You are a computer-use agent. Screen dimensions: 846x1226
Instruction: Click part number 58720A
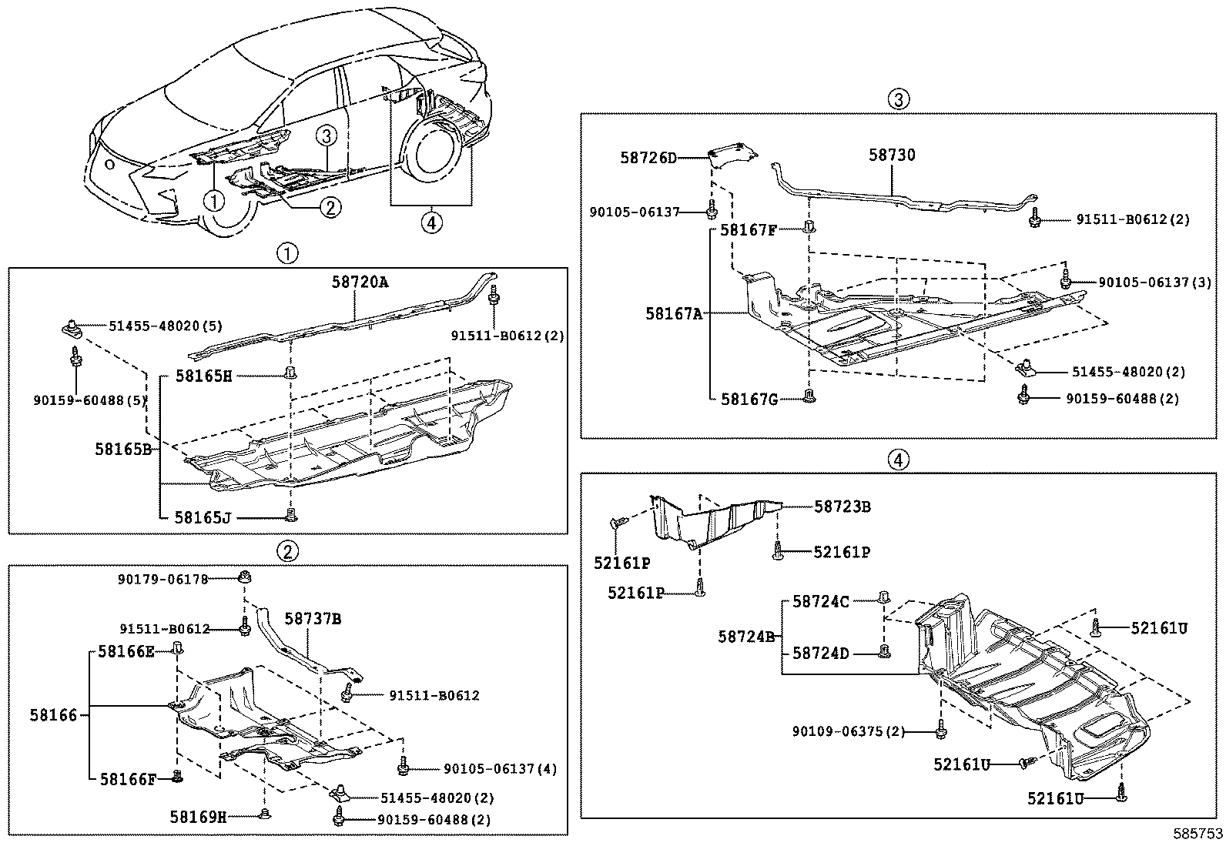[x=360, y=283]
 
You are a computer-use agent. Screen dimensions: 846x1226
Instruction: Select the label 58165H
[x=203, y=376]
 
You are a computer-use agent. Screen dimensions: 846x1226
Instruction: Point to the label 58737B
[x=313, y=618]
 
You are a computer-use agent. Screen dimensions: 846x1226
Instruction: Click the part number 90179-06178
[x=163, y=580]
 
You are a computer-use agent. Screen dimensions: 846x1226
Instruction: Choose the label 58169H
[x=198, y=817]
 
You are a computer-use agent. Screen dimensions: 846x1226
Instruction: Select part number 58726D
[x=648, y=158]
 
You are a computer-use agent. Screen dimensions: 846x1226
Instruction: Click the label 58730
[x=893, y=155]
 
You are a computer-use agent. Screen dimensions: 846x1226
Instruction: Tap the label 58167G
[x=749, y=399]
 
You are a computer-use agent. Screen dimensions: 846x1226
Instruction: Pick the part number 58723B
[x=842, y=507]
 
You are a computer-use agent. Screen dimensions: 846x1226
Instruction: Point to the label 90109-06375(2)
[x=849, y=731]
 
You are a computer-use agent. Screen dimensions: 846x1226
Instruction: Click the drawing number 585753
[x=1198, y=834]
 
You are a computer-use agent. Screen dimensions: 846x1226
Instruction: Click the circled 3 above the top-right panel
[x=898, y=99]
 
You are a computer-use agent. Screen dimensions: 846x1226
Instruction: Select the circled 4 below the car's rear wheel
[x=431, y=223]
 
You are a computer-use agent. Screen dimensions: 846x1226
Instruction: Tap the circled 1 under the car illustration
[x=213, y=201]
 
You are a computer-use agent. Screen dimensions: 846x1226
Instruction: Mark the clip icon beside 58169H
[x=265, y=814]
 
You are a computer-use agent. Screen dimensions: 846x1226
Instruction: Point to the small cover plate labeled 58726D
[x=732, y=152]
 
